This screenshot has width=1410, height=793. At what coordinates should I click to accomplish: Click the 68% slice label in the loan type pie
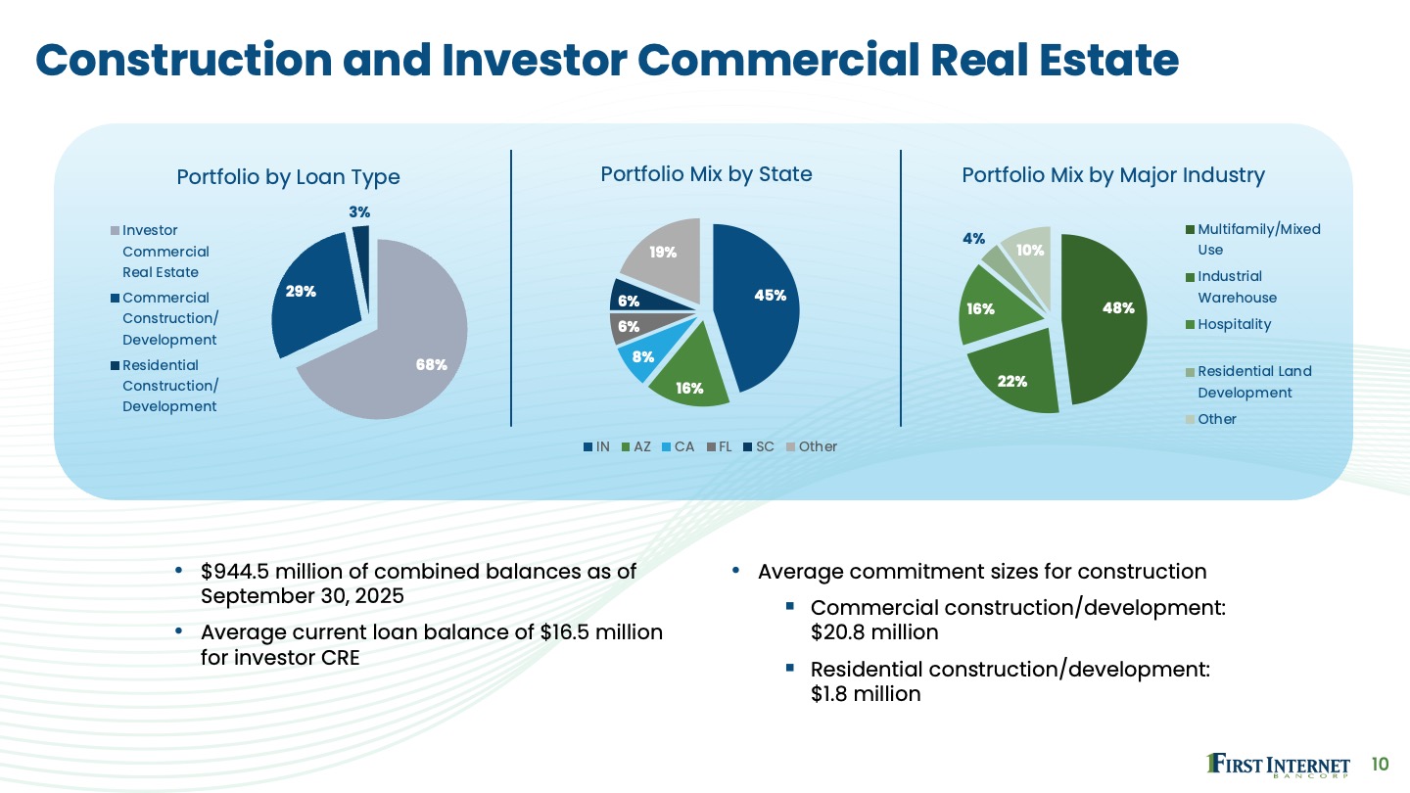click(431, 364)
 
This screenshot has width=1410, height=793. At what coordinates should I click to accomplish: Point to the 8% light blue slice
click(641, 359)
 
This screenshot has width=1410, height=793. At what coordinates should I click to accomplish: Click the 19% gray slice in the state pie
click(663, 252)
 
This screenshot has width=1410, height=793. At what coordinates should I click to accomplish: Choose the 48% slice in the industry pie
click(1117, 307)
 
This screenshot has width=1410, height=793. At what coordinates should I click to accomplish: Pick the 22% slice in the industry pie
click(1012, 381)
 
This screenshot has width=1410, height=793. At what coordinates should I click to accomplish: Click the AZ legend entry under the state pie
click(636, 446)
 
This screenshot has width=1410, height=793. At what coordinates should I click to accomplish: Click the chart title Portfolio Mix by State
click(706, 174)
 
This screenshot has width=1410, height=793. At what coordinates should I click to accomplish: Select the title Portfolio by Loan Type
click(288, 177)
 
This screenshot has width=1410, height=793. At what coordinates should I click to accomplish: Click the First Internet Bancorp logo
click(1279, 765)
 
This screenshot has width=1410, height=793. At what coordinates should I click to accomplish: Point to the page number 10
click(1381, 764)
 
